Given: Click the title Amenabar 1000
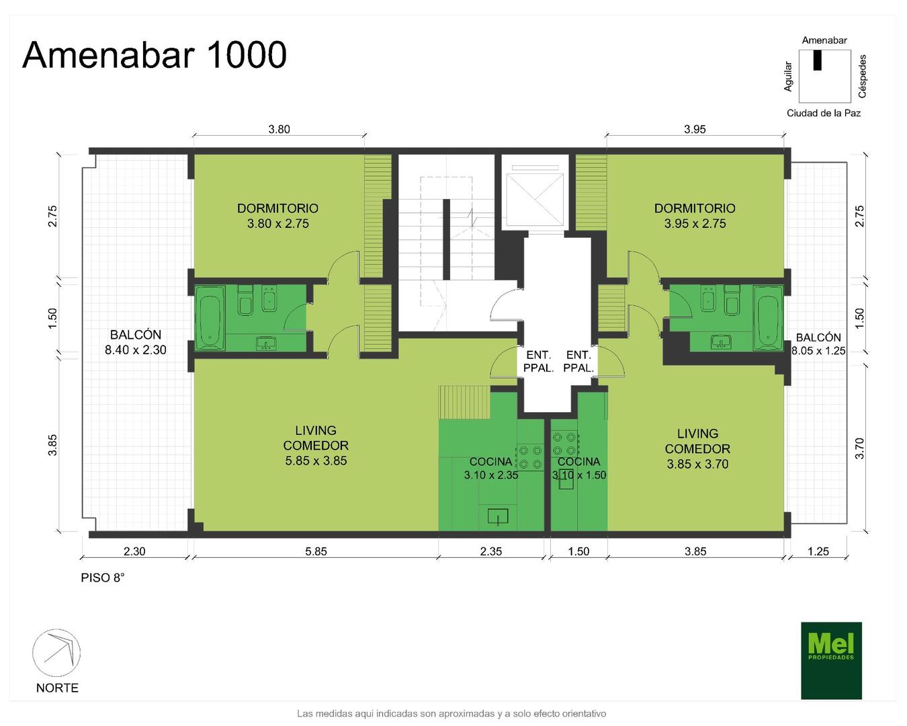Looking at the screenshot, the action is click(155, 55).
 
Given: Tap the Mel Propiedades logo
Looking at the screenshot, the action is click(831, 661).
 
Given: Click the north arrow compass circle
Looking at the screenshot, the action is click(56, 653).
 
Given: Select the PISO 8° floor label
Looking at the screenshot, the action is click(102, 577).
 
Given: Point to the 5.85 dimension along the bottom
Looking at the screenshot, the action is click(316, 551).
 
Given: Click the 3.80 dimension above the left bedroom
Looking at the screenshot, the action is click(279, 129).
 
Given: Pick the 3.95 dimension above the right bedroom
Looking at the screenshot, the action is click(695, 129).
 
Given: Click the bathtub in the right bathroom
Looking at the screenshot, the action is click(768, 318).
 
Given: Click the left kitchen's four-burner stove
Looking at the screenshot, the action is click(530, 456).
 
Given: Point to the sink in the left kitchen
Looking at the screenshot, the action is click(498, 516).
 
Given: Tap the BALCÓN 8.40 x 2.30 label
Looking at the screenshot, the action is click(135, 342).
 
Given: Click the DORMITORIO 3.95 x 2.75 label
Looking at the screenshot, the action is click(695, 216).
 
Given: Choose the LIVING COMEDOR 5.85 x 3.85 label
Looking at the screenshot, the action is click(316, 446).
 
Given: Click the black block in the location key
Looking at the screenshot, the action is click(818, 60).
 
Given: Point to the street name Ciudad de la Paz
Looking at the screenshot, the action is click(824, 113).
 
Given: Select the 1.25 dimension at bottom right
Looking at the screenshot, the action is click(818, 551).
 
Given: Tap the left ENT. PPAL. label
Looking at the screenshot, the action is click(538, 362).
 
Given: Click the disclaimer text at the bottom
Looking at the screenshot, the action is click(451, 714).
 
